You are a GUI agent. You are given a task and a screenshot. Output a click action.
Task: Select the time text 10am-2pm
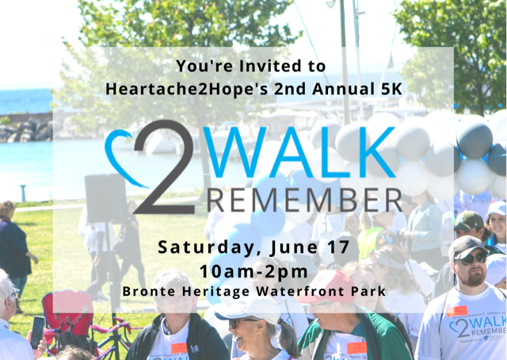coord(253,271)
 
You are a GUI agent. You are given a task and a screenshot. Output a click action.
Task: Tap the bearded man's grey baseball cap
coord(467,247)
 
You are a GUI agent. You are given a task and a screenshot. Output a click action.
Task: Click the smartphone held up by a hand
coord(38,331)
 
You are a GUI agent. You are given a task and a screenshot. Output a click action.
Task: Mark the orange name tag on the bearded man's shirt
coord(457,311)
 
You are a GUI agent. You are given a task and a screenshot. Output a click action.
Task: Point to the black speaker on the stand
coord(105,197)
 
